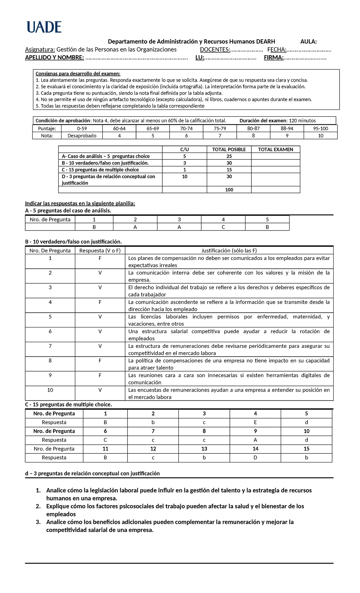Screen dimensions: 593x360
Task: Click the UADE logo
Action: pyautogui.click(x=44, y=27)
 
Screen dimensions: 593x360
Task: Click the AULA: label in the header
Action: pyautogui.click(x=308, y=41)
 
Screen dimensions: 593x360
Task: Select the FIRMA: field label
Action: pyautogui.click(x=274, y=57)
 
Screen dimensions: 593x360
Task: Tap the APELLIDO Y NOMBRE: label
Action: pyautogui.click(x=54, y=57)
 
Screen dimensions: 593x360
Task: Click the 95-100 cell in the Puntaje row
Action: pyautogui.click(x=320, y=128)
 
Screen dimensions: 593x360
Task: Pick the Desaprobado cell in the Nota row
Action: pyautogui.click(x=82, y=136)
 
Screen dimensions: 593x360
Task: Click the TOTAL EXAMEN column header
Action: pyautogui.click(x=275, y=149)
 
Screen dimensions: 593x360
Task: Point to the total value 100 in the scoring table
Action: pyautogui.click(x=229, y=190)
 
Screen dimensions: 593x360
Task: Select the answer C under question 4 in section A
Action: pyautogui.click(x=223, y=227)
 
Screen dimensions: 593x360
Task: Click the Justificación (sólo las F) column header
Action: pyautogui.click(x=229, y=251)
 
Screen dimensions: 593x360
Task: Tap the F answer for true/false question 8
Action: pyautogui.click(x=100, y=360)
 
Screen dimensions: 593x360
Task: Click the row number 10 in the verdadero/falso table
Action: pyautogui.click(x=50, y=390)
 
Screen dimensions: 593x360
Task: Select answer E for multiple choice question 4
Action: pyautogui.click(x=255, y=422)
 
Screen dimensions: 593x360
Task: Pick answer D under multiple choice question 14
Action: pyautogui.click(x=255, y=458)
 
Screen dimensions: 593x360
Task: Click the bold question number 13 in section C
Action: pyautogui.click(x=204, y=449)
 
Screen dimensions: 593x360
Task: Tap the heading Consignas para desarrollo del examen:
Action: pyautogui.click(x=78, y=74)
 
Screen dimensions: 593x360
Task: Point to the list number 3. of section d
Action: pyautogui.click(x=38, y=522)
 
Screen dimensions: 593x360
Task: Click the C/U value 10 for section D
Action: pyautogui.click(x=184, y=176)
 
